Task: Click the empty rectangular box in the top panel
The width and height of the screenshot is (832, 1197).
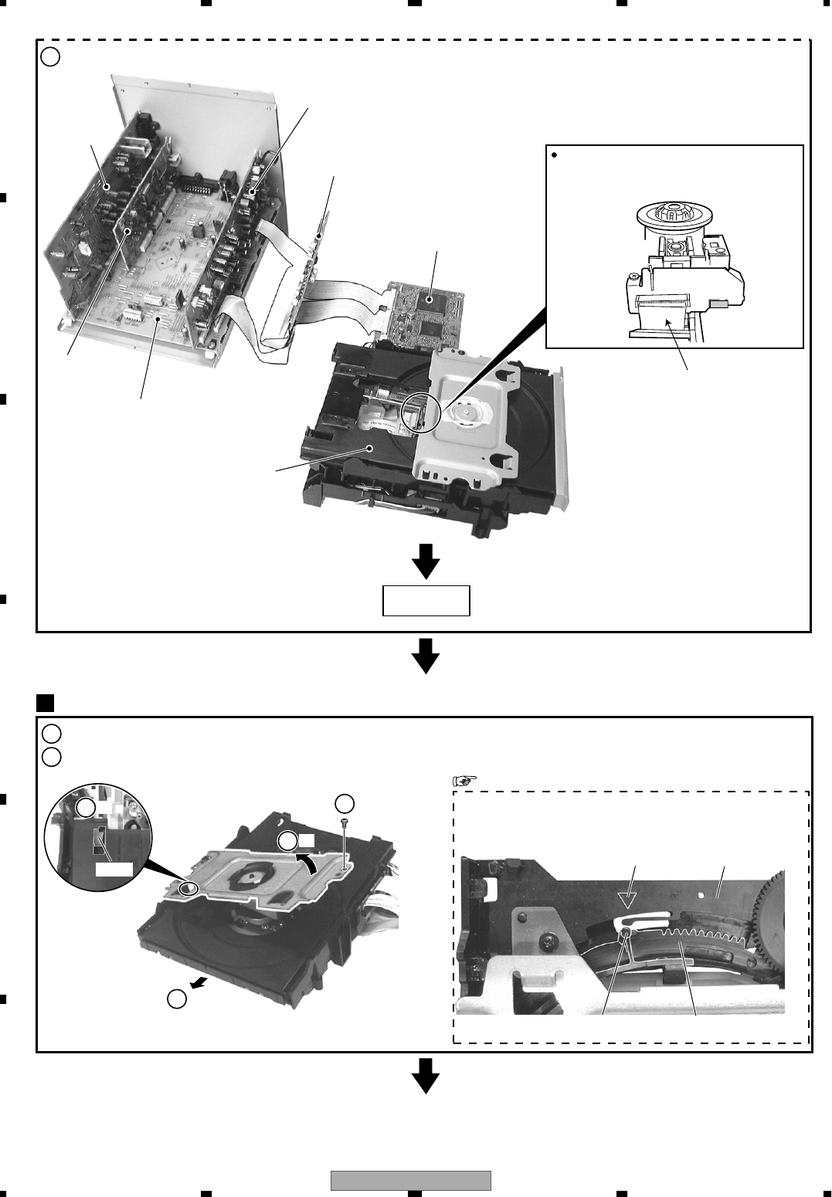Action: [426, 600]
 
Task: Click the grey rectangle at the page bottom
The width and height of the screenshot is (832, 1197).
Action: [411, 1182]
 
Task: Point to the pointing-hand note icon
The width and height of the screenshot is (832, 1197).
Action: [461, 781]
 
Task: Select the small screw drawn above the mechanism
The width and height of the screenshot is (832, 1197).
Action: [345, 825]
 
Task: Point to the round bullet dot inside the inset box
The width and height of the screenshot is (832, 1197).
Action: [555, 154]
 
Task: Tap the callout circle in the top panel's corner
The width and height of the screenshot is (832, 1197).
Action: [49, 56]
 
